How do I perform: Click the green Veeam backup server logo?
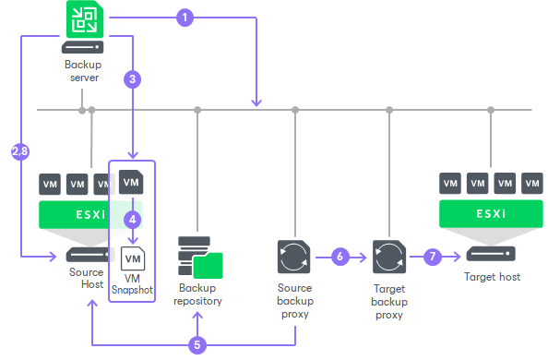[x=82, y=19]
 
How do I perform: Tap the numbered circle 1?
[x=185, y=18]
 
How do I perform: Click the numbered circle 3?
[x=133, y=79]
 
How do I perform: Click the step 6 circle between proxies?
[x=340, y=256]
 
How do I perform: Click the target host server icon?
[x=490, y=254]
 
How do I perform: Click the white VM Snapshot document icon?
[x=132, y=257]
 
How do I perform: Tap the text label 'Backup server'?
[x=82, y=71]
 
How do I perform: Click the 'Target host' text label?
[x=490, y=276]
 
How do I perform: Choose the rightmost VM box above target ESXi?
[x=531, y=182]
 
